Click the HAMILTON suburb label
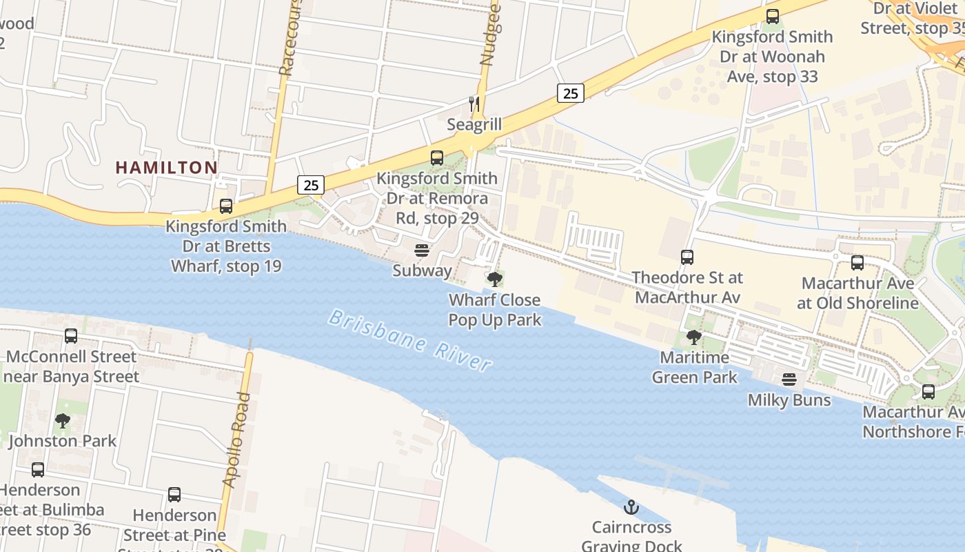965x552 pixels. point(166,167)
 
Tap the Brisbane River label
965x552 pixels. point(411,340)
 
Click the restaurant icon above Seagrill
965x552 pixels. point(474,104)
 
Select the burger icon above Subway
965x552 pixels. point(422,250)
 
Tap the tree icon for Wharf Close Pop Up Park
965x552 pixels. point(494,279)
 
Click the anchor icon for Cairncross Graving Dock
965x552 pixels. point(631,507)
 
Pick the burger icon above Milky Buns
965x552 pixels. point(789,379)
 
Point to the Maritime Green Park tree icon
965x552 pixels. point(694,337)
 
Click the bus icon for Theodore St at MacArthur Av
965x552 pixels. point(687,257)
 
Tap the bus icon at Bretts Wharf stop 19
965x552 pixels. point(226,206)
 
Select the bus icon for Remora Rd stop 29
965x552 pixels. point(437,157)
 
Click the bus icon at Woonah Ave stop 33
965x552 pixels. point(773,16)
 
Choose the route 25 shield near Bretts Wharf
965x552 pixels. point(312,185)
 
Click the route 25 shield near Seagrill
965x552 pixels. point(571,92)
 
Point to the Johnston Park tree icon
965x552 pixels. point(63,420)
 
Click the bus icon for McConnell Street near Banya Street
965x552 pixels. point(71,336)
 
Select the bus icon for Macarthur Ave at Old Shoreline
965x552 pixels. point(857,262)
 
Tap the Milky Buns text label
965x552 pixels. point(789,400)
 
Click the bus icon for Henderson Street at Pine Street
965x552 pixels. point(174,495)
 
